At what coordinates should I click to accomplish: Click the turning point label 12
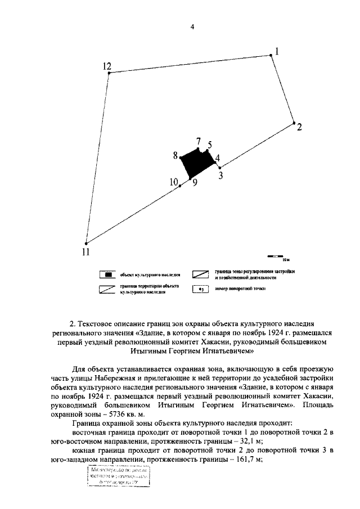[107, 66]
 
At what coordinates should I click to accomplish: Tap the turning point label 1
[277, 51]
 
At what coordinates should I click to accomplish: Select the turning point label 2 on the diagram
[299, 127]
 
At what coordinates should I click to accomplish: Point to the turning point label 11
[84, 251]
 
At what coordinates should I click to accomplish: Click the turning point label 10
[174, 182]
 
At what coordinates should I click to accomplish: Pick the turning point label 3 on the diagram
[221, 175]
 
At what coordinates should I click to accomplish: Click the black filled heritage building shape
[198, 163]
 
